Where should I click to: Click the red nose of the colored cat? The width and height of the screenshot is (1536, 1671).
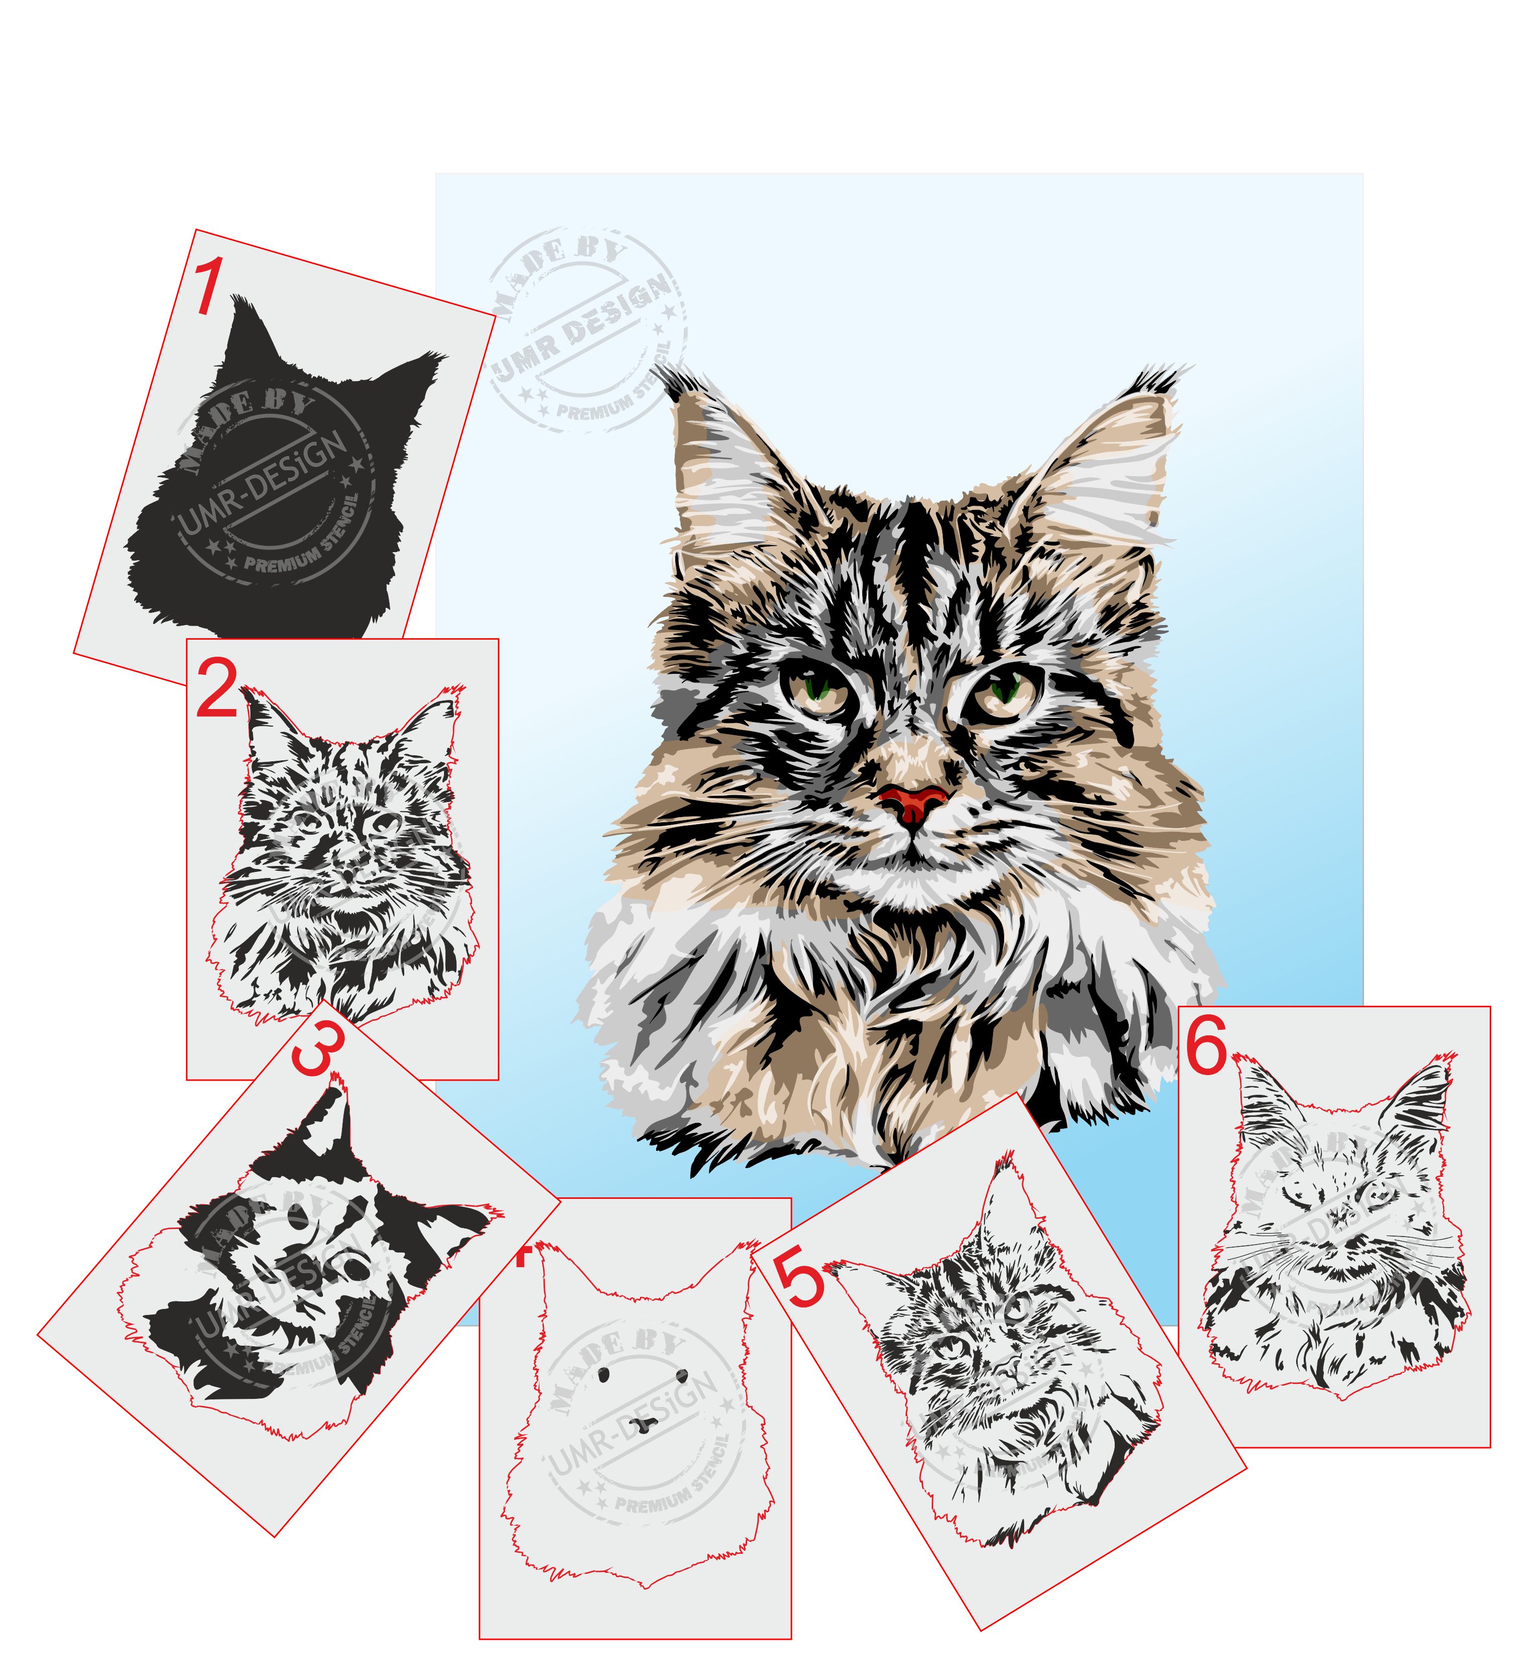(912, 801)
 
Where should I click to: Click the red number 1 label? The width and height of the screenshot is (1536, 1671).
(207, 287)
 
